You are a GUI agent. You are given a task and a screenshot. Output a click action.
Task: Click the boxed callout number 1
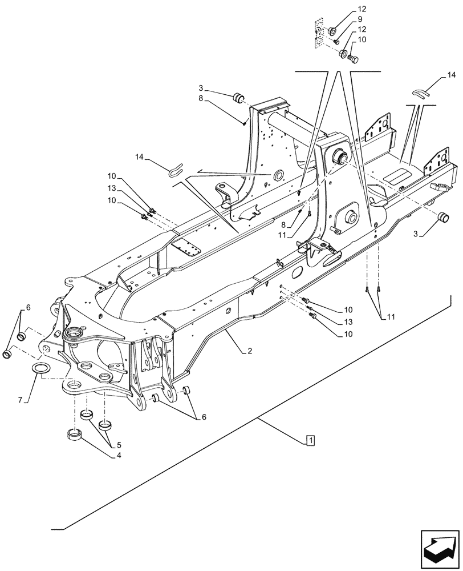tap(309, 441)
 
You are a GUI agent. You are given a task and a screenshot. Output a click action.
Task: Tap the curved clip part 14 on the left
tap(177, 170)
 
